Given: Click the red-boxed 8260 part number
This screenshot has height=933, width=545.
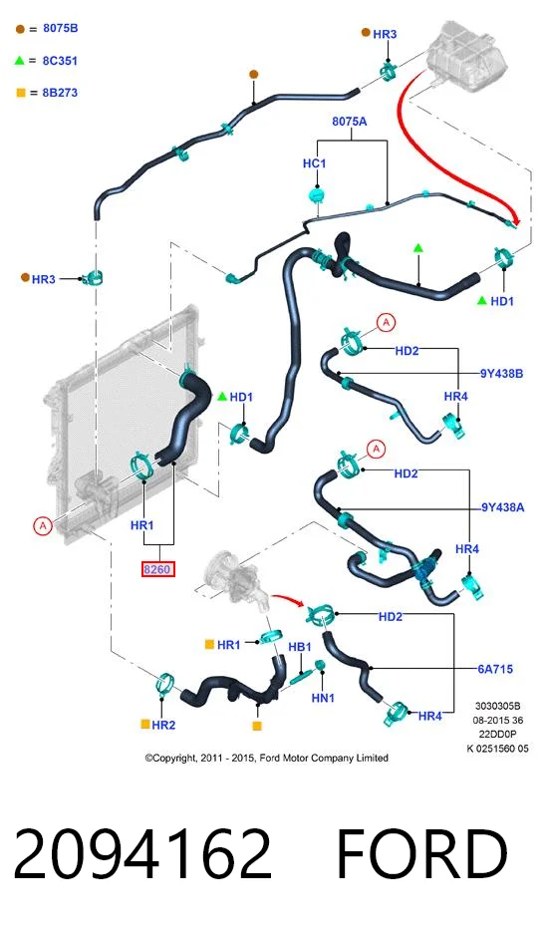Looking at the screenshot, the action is point(157,569).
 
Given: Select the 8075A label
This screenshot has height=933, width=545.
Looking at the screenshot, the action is point(350,122).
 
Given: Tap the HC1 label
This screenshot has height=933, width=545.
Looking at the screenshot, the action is point(314,163).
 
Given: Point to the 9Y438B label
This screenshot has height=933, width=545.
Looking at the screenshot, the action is point(501,374).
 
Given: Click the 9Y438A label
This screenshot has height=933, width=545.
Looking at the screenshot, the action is point(503,507).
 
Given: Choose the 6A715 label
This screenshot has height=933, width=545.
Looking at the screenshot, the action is point(495,669).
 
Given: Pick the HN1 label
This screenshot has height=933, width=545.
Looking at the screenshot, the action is point(323,698).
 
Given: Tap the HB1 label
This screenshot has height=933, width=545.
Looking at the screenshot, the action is point(300,647).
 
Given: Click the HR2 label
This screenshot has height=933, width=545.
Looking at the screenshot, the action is point(163,725).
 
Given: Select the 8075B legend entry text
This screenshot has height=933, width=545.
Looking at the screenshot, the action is point(60,28).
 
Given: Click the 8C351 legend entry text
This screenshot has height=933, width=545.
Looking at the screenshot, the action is point(60,61).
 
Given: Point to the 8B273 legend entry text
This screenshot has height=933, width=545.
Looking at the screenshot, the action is point(60,93).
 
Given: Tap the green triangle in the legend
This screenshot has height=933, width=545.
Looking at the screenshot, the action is point(20,61).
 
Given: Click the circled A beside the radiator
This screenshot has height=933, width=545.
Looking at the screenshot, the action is point(42,526).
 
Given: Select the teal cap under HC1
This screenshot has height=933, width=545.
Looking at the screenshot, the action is point(317,194).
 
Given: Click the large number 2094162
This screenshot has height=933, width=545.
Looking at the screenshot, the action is point(142,853).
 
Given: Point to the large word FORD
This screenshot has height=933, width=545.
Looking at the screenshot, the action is point(421,853).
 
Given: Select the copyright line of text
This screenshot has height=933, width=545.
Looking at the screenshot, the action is point(267,758).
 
